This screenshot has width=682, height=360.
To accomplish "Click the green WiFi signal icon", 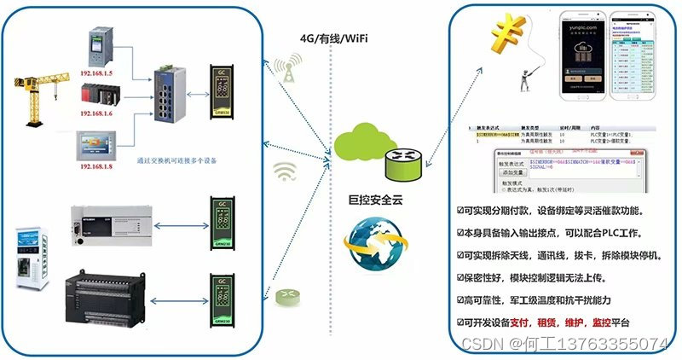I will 284,172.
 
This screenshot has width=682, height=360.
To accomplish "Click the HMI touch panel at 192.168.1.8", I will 101,143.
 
